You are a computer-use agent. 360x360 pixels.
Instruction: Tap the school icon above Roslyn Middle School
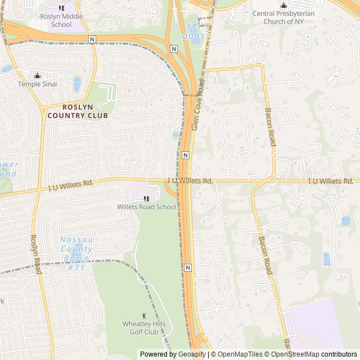(x=61, y=7)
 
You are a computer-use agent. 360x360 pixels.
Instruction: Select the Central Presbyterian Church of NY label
(x=282, y=17)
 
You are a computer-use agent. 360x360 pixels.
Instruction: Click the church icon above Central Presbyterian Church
(x=283, y=6)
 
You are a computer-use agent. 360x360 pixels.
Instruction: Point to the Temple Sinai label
(x=37, y=84)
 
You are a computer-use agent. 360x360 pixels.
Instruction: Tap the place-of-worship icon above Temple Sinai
(x=37, y=75)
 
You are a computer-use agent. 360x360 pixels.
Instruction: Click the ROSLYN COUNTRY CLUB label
(x=78, y=111)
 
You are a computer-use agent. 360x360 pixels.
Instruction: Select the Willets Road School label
(x=146, y=207)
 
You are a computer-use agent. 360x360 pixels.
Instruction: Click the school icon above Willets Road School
(x=146, y=198)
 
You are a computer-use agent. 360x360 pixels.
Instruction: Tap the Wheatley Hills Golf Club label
(x=141, y=327)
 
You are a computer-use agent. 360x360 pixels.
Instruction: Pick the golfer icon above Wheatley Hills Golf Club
(x=143, y=316)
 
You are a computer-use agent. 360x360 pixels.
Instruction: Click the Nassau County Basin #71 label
(x=76, y=253)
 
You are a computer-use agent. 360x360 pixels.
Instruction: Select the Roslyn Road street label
(x=36, y=255)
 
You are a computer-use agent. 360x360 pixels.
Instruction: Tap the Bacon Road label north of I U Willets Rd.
(x=271, y=127)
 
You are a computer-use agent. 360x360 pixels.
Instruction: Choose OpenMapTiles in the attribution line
(x=241, y=354)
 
